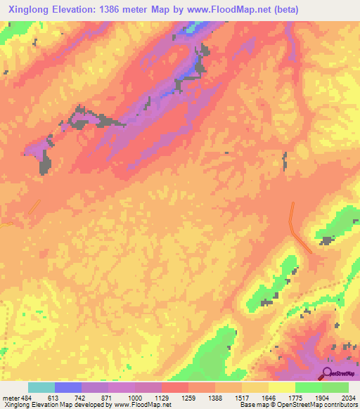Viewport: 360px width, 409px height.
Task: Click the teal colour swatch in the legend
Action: [x=41, y=387]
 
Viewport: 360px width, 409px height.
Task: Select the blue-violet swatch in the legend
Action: [x=67, y=387]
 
